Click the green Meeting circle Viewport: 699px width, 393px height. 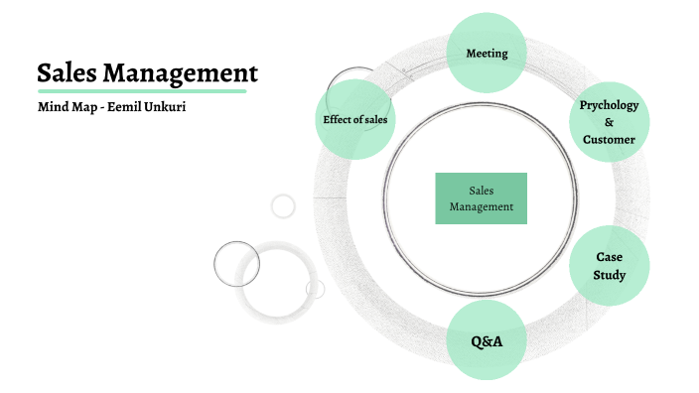pos(487,53)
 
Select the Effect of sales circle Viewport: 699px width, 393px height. pos(354,119)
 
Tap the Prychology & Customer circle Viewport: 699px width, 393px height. pos(609,122)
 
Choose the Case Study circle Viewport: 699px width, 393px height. pos(609,265)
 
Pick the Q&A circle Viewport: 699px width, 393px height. pos(487,341)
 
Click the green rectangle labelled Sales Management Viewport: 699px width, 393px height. pos(482,198)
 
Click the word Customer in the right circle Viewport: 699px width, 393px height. pos(609,140)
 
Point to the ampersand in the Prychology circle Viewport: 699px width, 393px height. pos(609,122)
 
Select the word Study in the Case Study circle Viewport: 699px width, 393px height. pos(609,274)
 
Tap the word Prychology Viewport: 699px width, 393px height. pos(609,105)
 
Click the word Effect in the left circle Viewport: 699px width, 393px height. pos(338,120)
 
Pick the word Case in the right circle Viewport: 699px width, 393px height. pos(609,257)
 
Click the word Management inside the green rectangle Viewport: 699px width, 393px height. pos(482,207)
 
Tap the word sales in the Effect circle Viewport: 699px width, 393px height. pos(374,120)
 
